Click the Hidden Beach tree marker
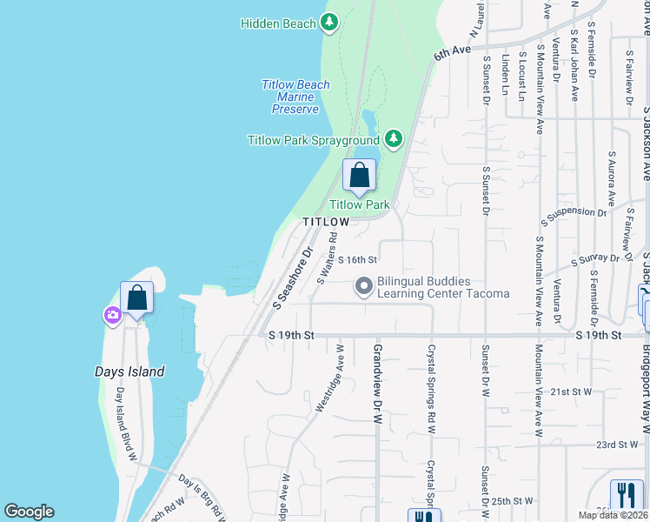coord(329,23)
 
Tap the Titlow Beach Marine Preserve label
coord(295,97)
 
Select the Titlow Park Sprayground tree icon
coord(394,138)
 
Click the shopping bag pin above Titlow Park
coord(360,176)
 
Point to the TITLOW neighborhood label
coord(326,223)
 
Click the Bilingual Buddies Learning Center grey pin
coord(364,285)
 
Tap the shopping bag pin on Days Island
coord(137,298)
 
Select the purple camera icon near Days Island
coord(112,315)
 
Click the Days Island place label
coord(129,371)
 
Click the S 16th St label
coord(358,259)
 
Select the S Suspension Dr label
coord(573,213)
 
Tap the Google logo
coord(29,512)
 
